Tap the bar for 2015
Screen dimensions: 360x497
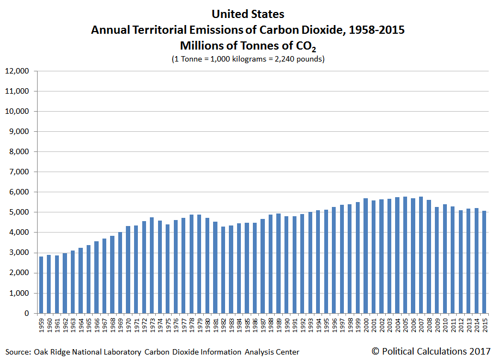point(484,262)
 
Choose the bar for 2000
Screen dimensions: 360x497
point(365,256)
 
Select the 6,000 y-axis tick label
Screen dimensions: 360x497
point(19,192)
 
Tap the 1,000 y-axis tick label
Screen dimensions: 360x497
point(19,293)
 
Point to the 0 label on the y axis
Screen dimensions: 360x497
point(26,313)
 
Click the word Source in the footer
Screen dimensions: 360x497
point(18,352)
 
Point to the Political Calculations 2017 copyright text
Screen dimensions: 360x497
point(432,351)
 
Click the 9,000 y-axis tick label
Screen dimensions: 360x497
point(19,131)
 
